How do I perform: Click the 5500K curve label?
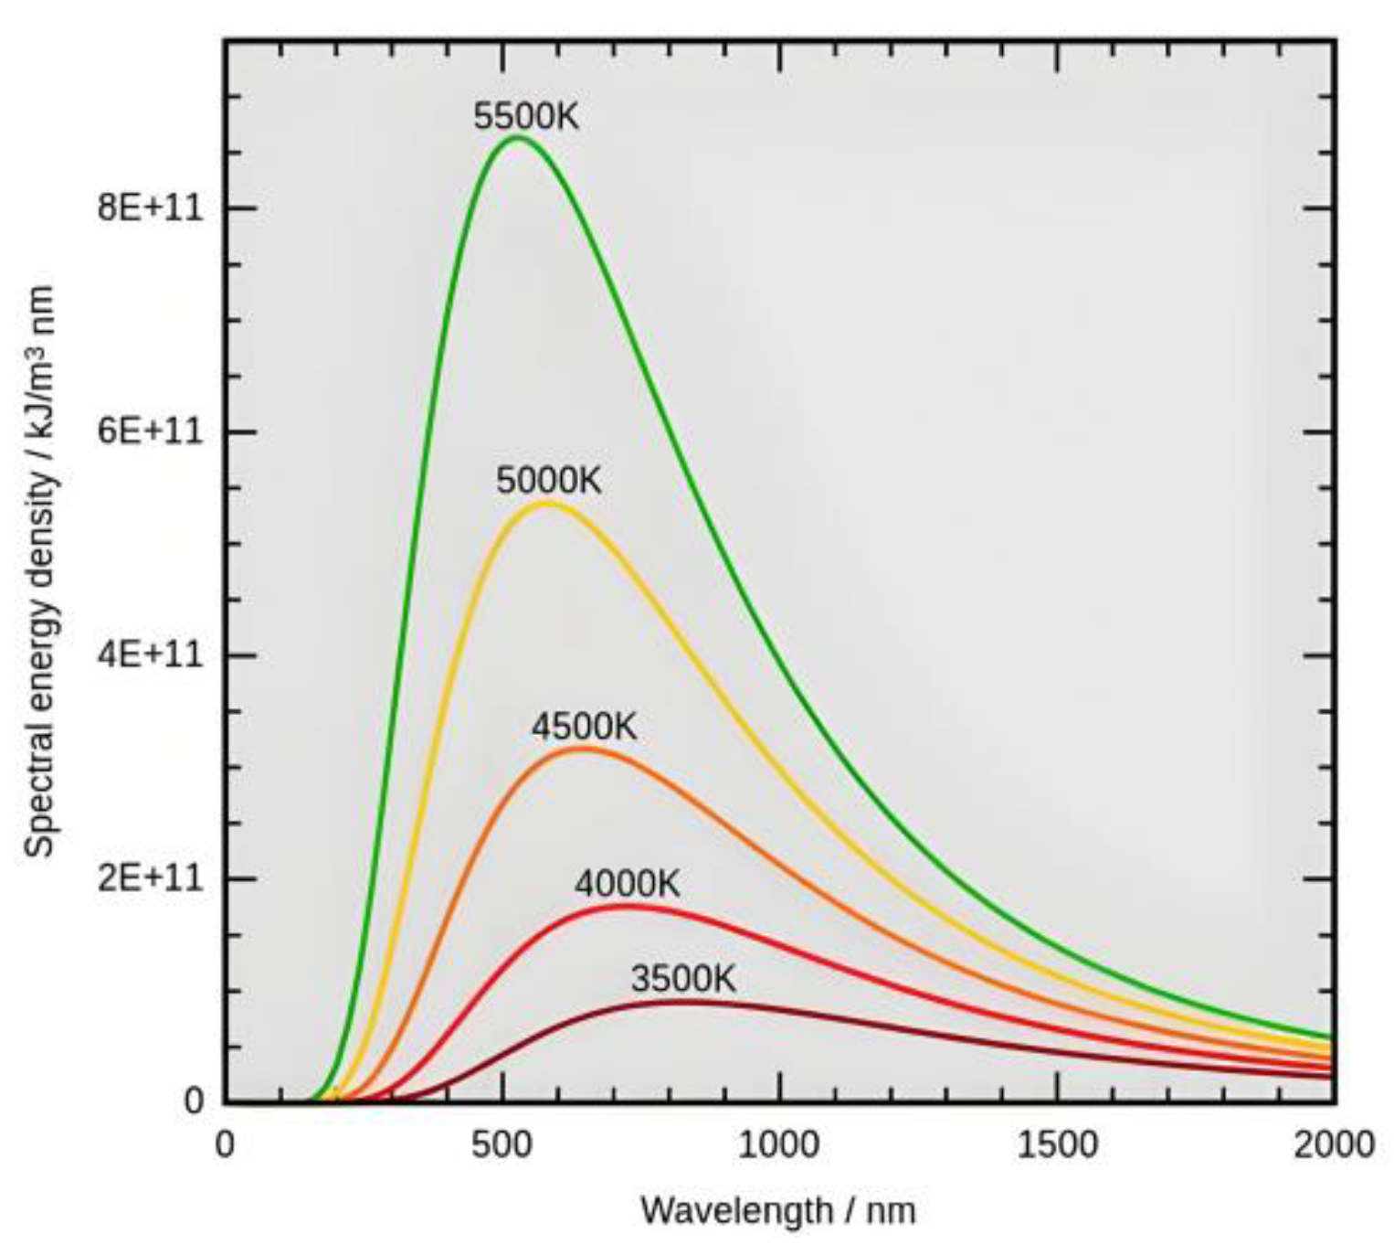tap(526, 117)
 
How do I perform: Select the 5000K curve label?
tap(549, 481)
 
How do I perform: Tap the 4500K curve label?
tap(585, 728)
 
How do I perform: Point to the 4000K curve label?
tap(628, 884)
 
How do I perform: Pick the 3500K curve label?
tap(683, 979)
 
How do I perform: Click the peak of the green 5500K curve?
tap(518, 137)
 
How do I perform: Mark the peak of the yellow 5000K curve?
tap(544, 503)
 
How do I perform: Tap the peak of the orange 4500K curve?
tap(583, 748)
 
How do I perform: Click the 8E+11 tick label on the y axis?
tap(150, 208)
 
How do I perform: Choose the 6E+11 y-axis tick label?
tap(150, 431)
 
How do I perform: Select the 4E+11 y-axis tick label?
tap(150, 655)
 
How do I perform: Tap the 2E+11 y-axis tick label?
tap(150, 878)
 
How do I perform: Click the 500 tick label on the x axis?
tap(502, 1144)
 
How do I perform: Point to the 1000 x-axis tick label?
tap(779, 1144)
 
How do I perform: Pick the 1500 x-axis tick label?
tap(1057, 1144)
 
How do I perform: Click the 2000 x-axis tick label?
tap(1333, 1144)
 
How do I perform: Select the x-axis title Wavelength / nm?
tap(778, 1211)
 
